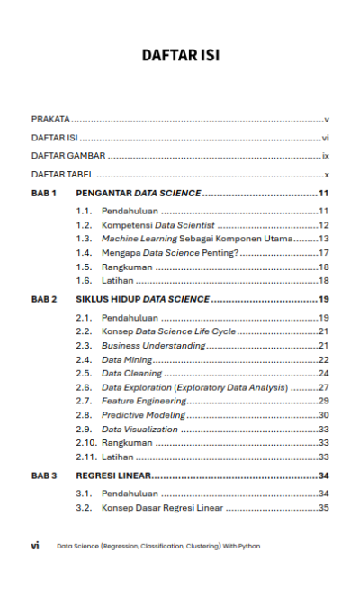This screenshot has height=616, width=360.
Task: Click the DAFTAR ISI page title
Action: click(x=180, y=56)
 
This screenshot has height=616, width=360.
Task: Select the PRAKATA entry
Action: click(x=51, y=119)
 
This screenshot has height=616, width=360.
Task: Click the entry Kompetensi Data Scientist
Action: click(x=157, y=224)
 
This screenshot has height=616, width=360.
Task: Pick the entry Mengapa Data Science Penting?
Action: click(x=170, y=253)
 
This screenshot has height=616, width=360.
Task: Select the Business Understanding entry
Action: click(x=153, y=345)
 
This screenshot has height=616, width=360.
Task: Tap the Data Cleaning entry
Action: click(x=131, y=373)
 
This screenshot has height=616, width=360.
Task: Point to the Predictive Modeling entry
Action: click(x=143, y=414)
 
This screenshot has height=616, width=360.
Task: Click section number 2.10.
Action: click(x=85, y=442)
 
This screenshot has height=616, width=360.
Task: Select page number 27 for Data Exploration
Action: click(x=323, y=386)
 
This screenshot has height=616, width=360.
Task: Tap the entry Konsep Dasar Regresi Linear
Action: click(x=162, y=508)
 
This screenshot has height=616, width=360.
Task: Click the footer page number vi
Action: click(x=35, y=546)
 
